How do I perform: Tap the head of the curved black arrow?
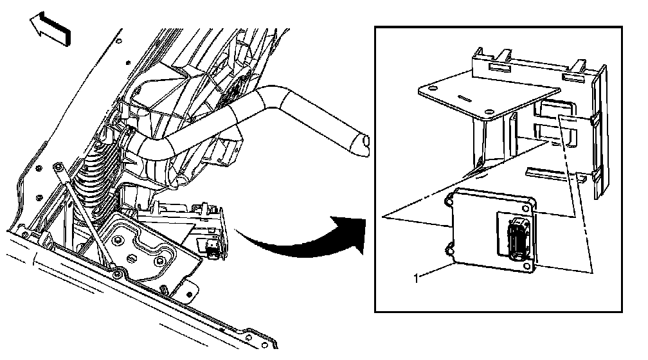click(347, 228)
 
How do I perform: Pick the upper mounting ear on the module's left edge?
click(449, 200)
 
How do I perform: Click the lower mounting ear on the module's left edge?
click(451, 246)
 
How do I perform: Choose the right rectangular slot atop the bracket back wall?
click(571, 77)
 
